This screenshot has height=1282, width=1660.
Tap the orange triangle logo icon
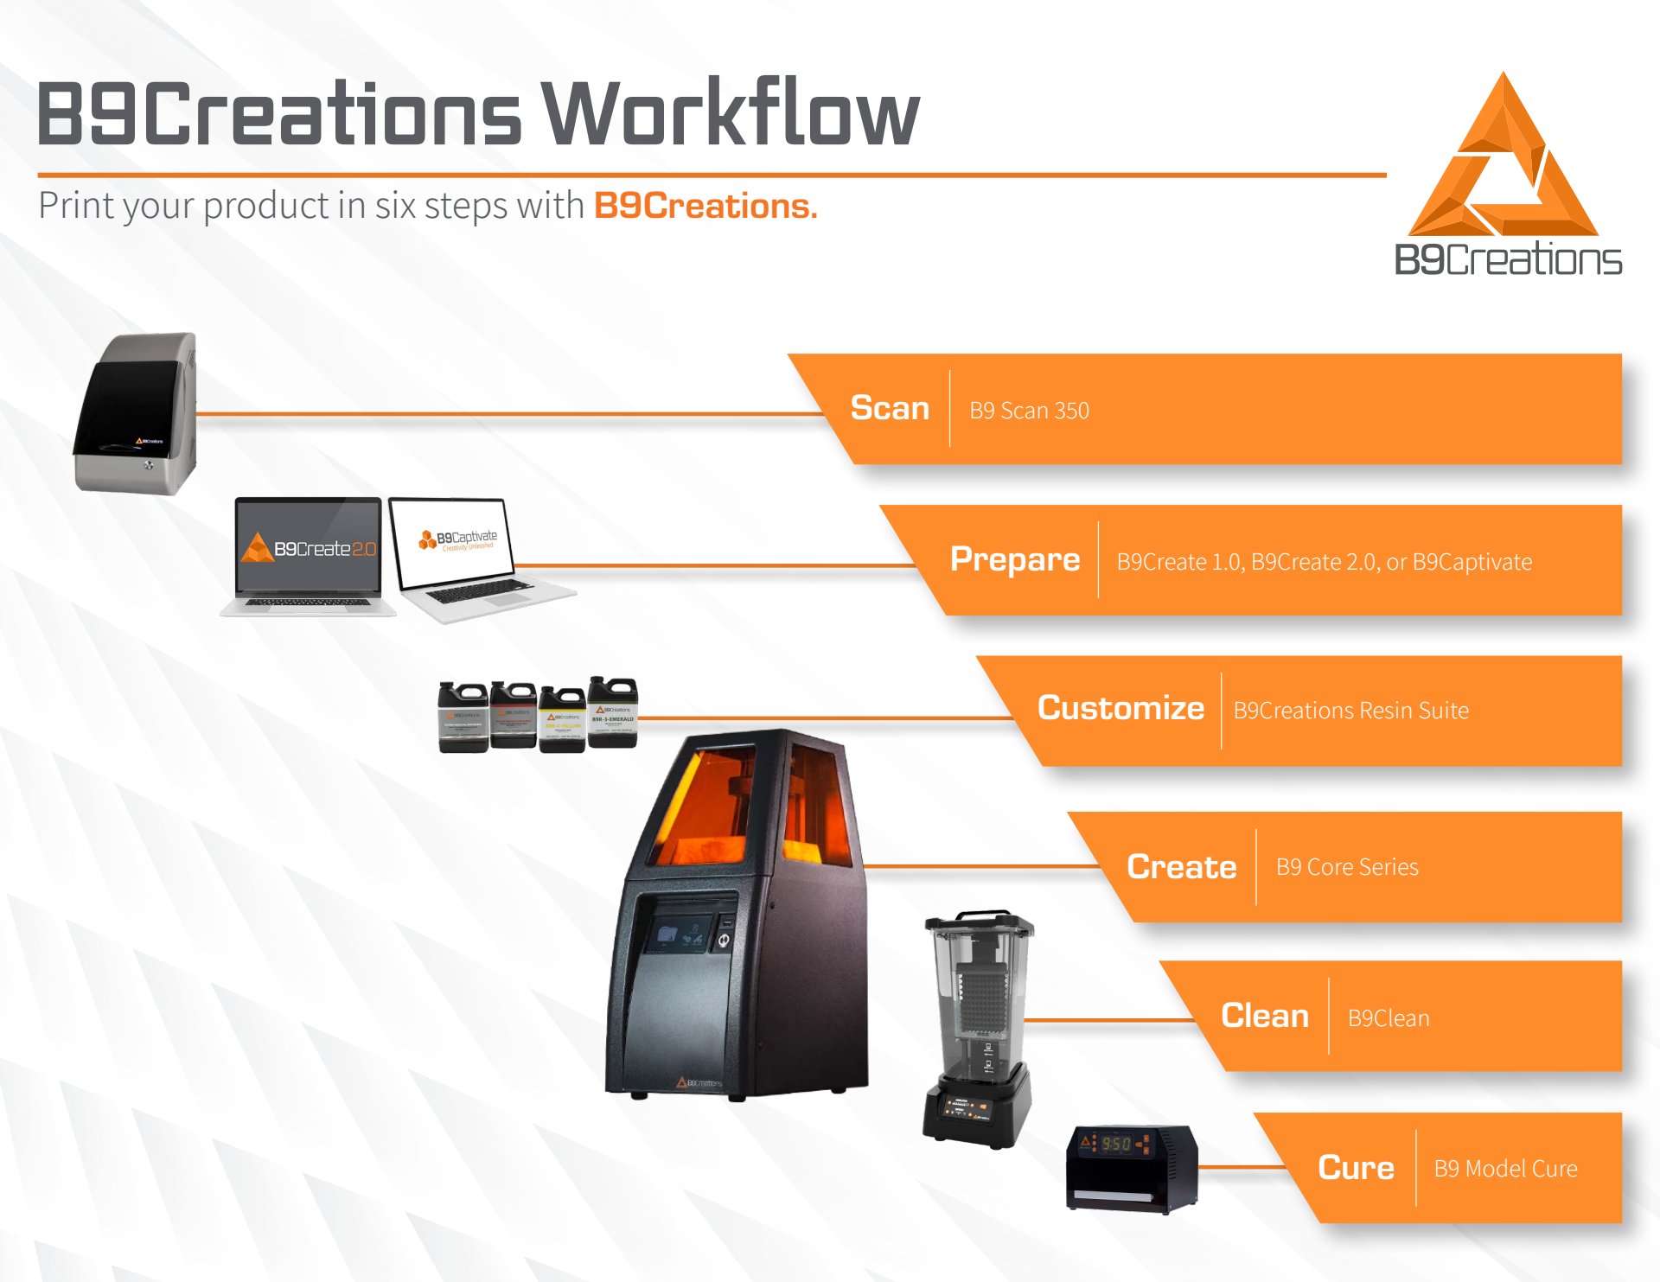[1504, 160]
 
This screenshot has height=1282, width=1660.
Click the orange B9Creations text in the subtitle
[705, 207]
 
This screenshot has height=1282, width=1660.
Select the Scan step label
[890, 408]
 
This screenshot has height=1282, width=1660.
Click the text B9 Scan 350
[1029, 411]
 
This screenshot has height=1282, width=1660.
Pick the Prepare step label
[1014, 559]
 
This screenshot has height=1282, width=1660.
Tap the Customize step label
[1120, 708]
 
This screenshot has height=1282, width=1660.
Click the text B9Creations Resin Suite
[1350, 711]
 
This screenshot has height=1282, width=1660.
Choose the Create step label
[1181, 866]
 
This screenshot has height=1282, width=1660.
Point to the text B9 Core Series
[1347, 867]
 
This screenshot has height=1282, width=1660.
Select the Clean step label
[1264, 1016]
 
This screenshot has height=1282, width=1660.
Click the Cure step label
[1356, 1168]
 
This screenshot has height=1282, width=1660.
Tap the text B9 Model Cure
[1505, 1169]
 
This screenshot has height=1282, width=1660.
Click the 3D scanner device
[138, 413]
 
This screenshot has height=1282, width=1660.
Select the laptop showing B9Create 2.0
[309, 553]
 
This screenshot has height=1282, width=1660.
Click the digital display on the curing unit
[1114, 1143]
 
